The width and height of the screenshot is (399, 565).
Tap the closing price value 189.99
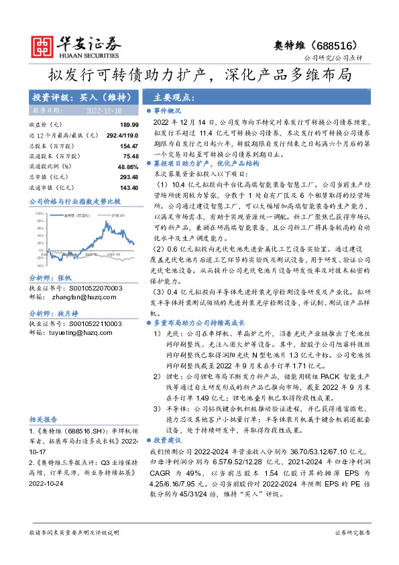pyautogui.click(x=129, y=125)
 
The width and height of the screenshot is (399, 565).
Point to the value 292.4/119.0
pyautogui.click(x=119, y=135)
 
